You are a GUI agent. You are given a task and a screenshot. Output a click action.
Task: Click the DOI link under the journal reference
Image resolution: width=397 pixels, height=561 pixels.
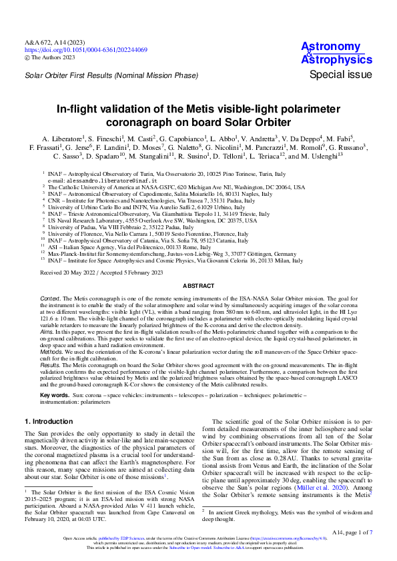point(86,50)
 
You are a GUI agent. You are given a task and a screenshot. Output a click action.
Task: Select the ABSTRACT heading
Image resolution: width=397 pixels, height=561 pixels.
point(198,286)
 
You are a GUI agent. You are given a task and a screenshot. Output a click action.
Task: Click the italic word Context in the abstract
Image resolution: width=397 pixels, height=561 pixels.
point(51,297)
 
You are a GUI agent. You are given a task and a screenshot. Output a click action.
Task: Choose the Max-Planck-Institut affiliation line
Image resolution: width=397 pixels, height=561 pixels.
point(171,254)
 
